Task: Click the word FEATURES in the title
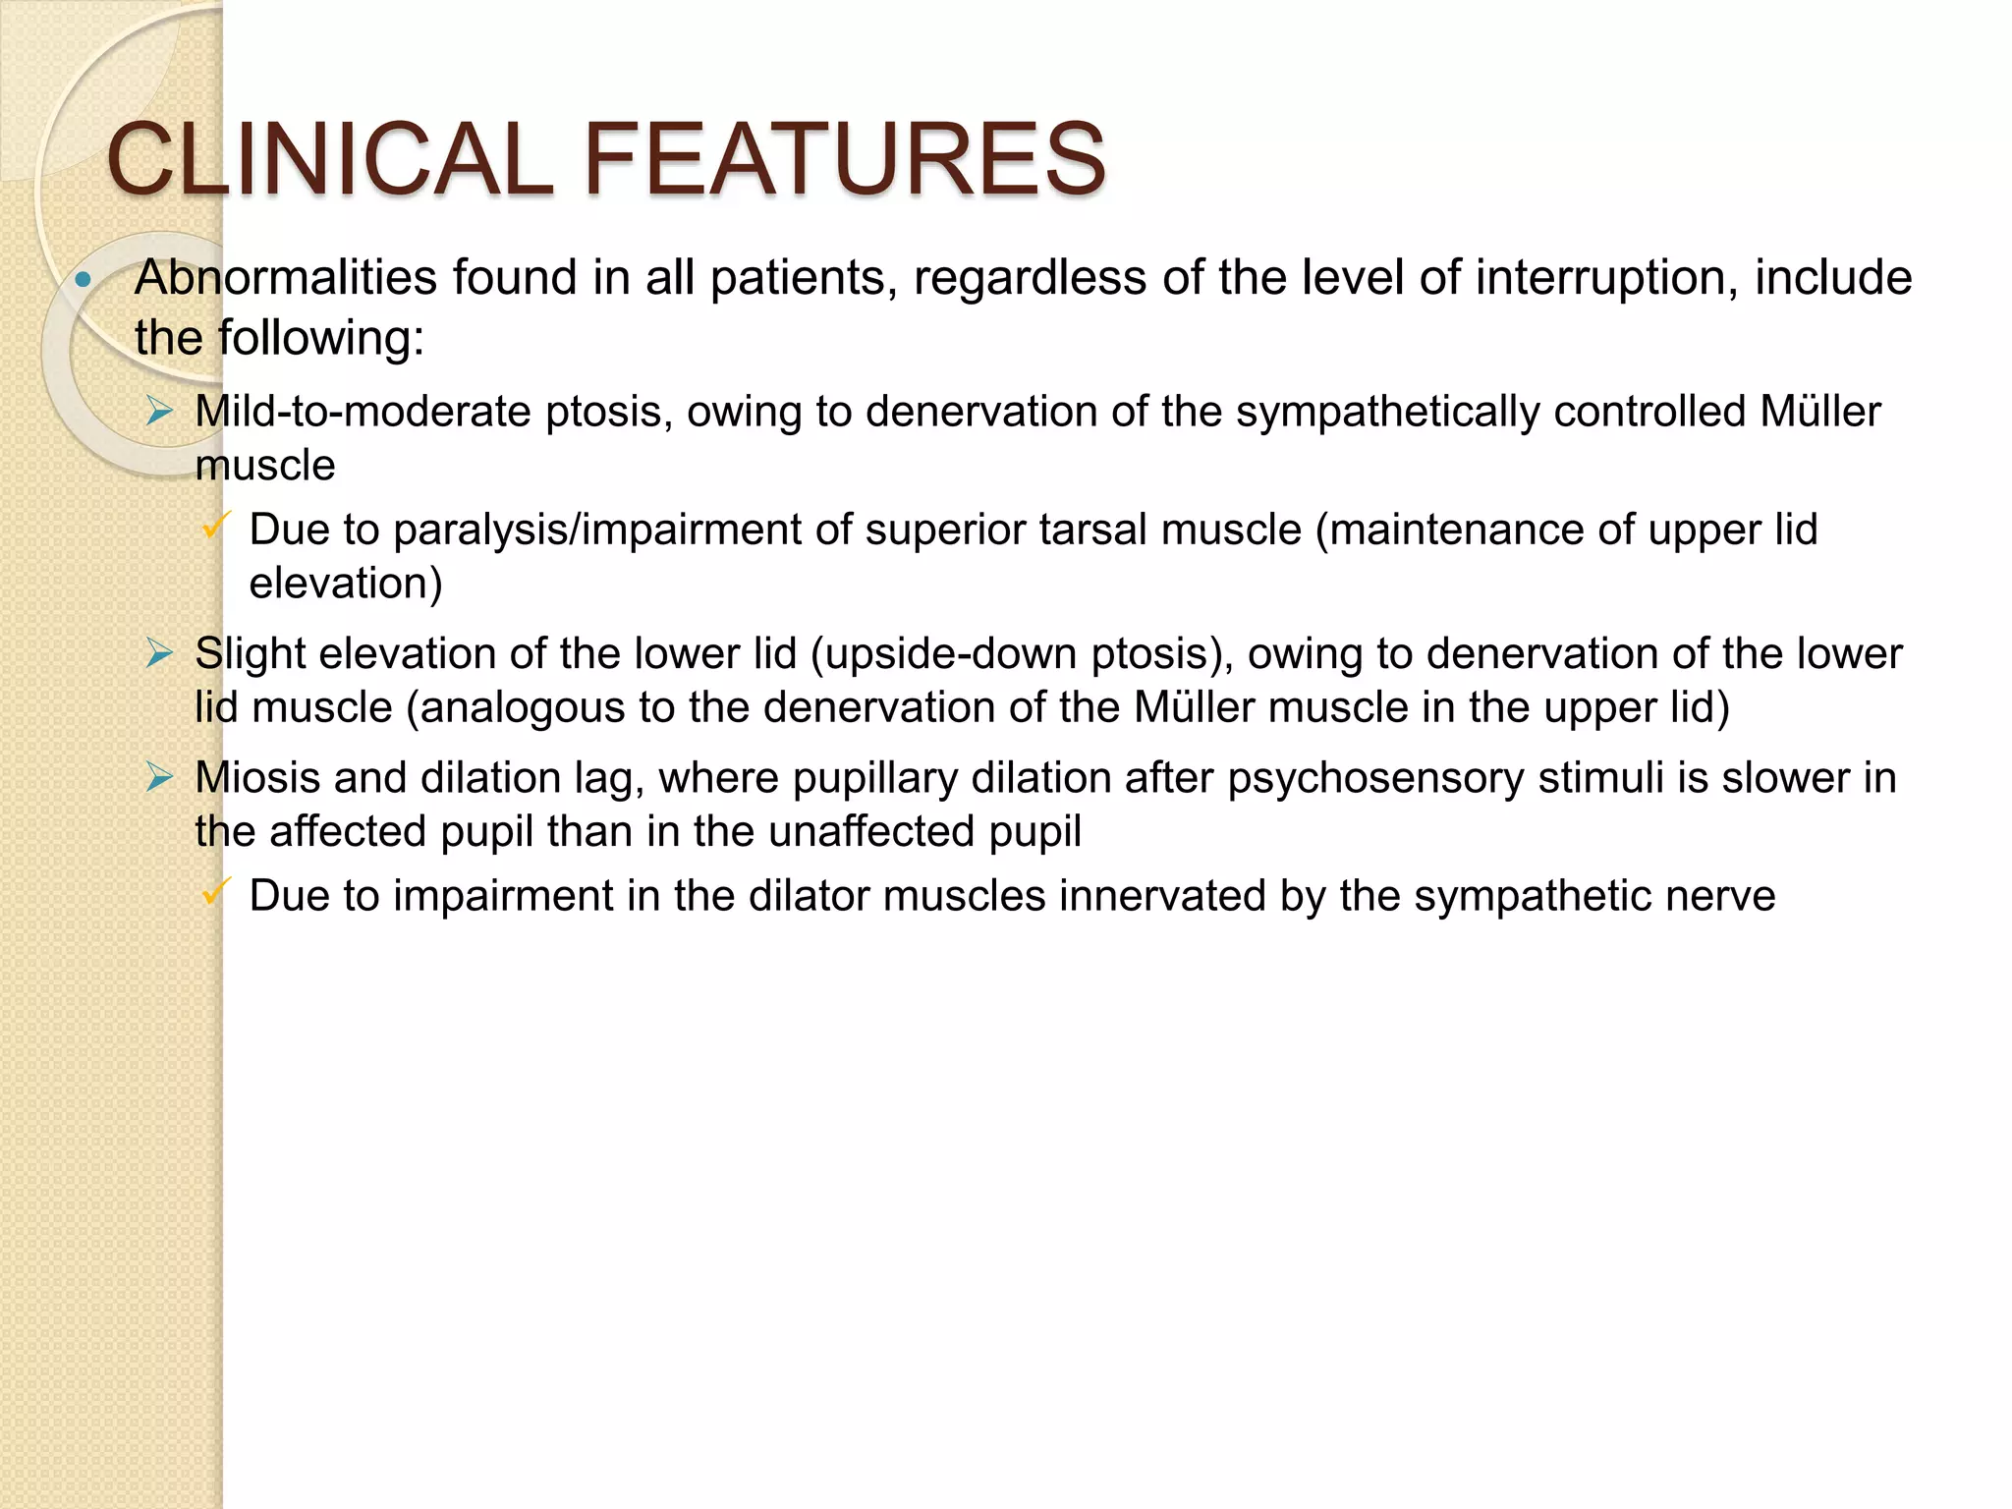(x=845, y=159)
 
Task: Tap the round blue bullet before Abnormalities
(x=84, y=281)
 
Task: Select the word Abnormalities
(x=286, y=278)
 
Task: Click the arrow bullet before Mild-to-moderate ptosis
(x=159, y=411)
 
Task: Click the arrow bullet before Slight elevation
(x=159, y=652)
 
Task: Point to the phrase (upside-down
(x=938, y=654)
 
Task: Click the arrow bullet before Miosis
(x=159, y=777)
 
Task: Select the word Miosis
(x=256, y=777)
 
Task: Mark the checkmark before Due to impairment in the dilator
(x=215, y=892)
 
